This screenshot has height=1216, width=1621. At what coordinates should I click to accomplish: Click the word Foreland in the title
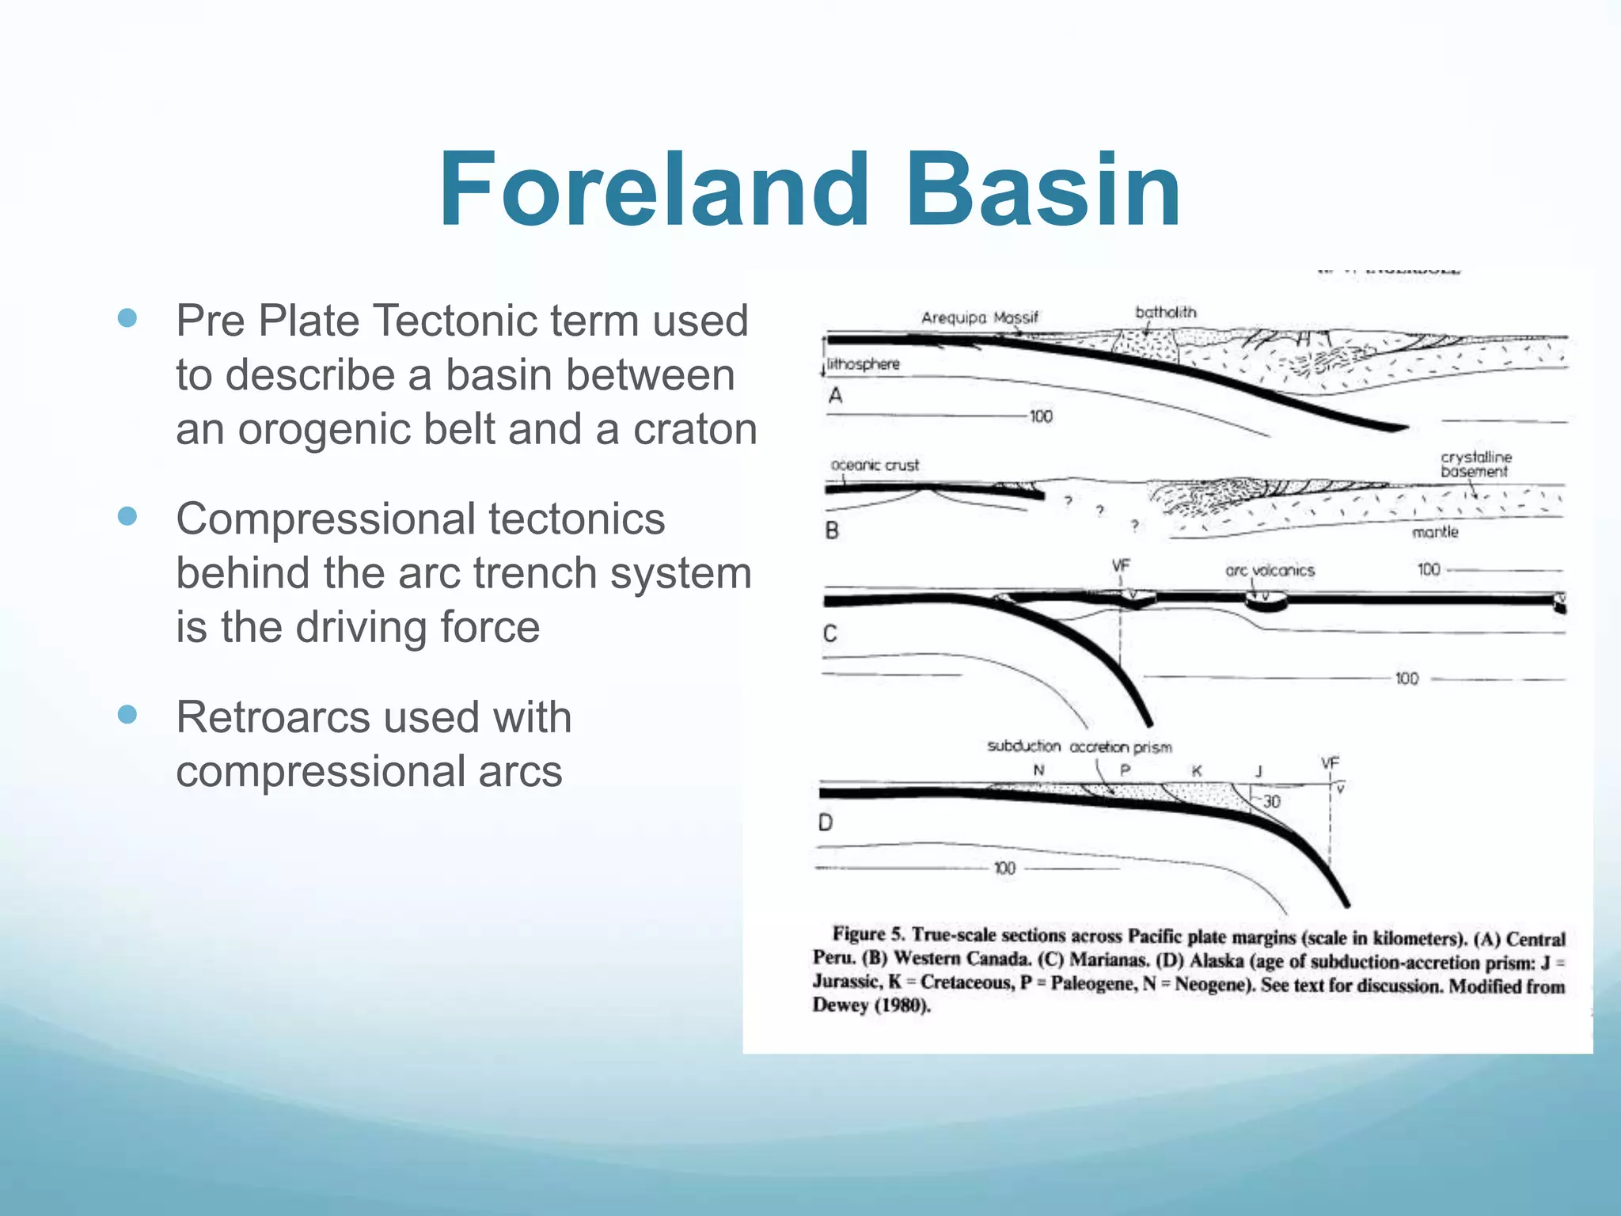coord(654,192)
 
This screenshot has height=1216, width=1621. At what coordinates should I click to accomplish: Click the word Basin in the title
coord(1043,192)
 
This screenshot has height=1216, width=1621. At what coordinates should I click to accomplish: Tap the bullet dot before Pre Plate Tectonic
coord(127,318)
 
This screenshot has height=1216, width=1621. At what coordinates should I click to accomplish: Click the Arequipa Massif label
coord(979,317)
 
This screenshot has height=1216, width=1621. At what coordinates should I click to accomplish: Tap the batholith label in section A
coord(1165,312)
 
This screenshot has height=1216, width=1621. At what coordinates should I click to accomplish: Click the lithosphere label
coord(864,364)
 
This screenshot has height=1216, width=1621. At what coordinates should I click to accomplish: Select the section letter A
coord(835,396)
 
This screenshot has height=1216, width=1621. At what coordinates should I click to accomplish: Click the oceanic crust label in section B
coord(875,465)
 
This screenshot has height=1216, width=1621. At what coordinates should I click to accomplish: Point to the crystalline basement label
coord(1475,464)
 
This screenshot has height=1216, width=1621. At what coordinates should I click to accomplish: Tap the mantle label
coord(1434,532)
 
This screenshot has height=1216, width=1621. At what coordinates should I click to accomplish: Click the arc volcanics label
coord(1270,570)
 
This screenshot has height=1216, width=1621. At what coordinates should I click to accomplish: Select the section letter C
coord(830,633)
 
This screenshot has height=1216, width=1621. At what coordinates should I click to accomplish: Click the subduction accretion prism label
coord(1079,747)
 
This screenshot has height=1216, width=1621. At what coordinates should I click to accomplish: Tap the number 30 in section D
coord(1271,801)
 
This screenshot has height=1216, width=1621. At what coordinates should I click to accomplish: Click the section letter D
coord(826,823)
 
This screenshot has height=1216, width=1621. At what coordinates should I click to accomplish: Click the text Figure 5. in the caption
coord(868,935)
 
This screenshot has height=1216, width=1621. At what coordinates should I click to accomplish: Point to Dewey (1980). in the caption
coord(871,1006)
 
